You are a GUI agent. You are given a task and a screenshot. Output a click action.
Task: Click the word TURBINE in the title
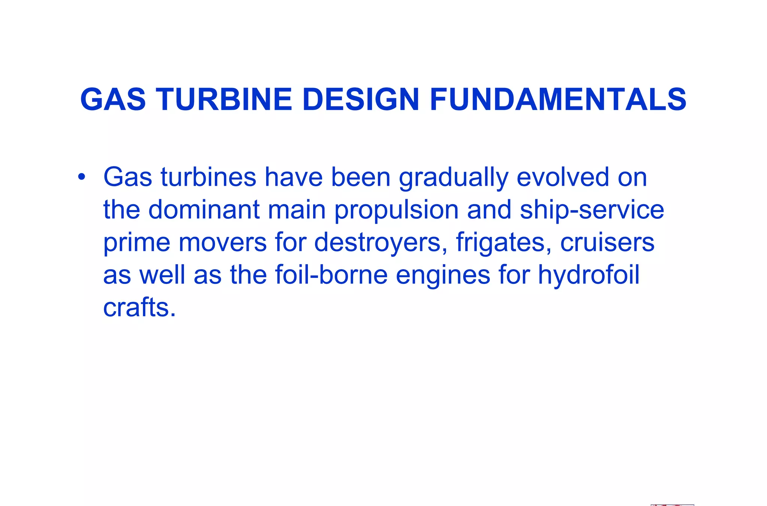click(x=224, y=100)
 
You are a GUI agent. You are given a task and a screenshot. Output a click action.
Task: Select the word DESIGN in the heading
click(x=360, y=100)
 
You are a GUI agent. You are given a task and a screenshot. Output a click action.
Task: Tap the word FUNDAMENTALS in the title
click(x=558, y=100)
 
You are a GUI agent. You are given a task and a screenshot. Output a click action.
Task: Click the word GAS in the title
click(x=113, y=100)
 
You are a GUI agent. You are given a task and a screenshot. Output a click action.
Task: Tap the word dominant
click(x=204, y=209)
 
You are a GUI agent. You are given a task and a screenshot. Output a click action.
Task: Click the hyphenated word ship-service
click(x=592, y=210)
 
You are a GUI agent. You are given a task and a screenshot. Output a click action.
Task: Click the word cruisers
click(x=607, y=242)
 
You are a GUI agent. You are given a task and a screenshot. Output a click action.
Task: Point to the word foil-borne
click(x=331, y=275)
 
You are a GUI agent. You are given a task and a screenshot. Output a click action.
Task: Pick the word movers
click(x=222, y=242)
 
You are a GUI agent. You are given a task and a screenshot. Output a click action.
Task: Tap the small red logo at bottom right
click(x=672, y=505)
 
